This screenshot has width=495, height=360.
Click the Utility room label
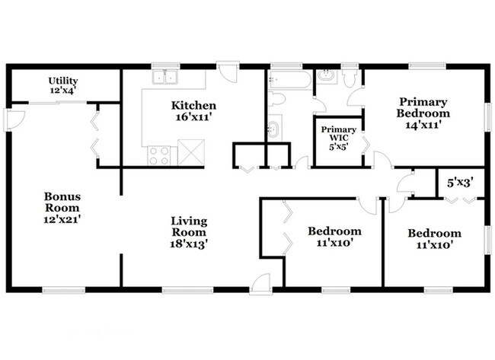[x=63, y=81]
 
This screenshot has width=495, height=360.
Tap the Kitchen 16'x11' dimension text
[x=193, y=117]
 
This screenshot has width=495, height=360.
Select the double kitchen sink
[x=164, y=77]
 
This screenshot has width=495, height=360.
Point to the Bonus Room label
[x=62, y=202]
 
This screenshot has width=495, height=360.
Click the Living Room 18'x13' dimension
[x=189, y=244]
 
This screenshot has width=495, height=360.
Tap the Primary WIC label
[x=339, y=134]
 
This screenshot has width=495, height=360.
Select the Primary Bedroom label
[x=423, y=107]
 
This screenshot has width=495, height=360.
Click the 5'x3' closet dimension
[x=460, y=183]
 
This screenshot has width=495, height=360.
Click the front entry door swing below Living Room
[x=260, y=283]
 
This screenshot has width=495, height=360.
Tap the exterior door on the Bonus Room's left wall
[x=13, y=119]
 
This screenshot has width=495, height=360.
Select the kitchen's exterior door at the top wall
[x=228, y=72]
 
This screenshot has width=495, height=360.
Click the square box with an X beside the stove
[x=191, y=152]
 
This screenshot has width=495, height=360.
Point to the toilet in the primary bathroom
[x=349, y=78]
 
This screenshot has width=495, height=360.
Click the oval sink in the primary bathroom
[x=327, y=75]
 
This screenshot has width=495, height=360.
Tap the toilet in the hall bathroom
[x=276, y=99]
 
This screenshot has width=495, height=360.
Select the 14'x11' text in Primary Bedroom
[x=423, y=125]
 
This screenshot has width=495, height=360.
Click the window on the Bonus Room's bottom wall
[x=64, y=290]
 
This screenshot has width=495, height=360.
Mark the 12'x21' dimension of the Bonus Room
[x=62, y=219]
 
